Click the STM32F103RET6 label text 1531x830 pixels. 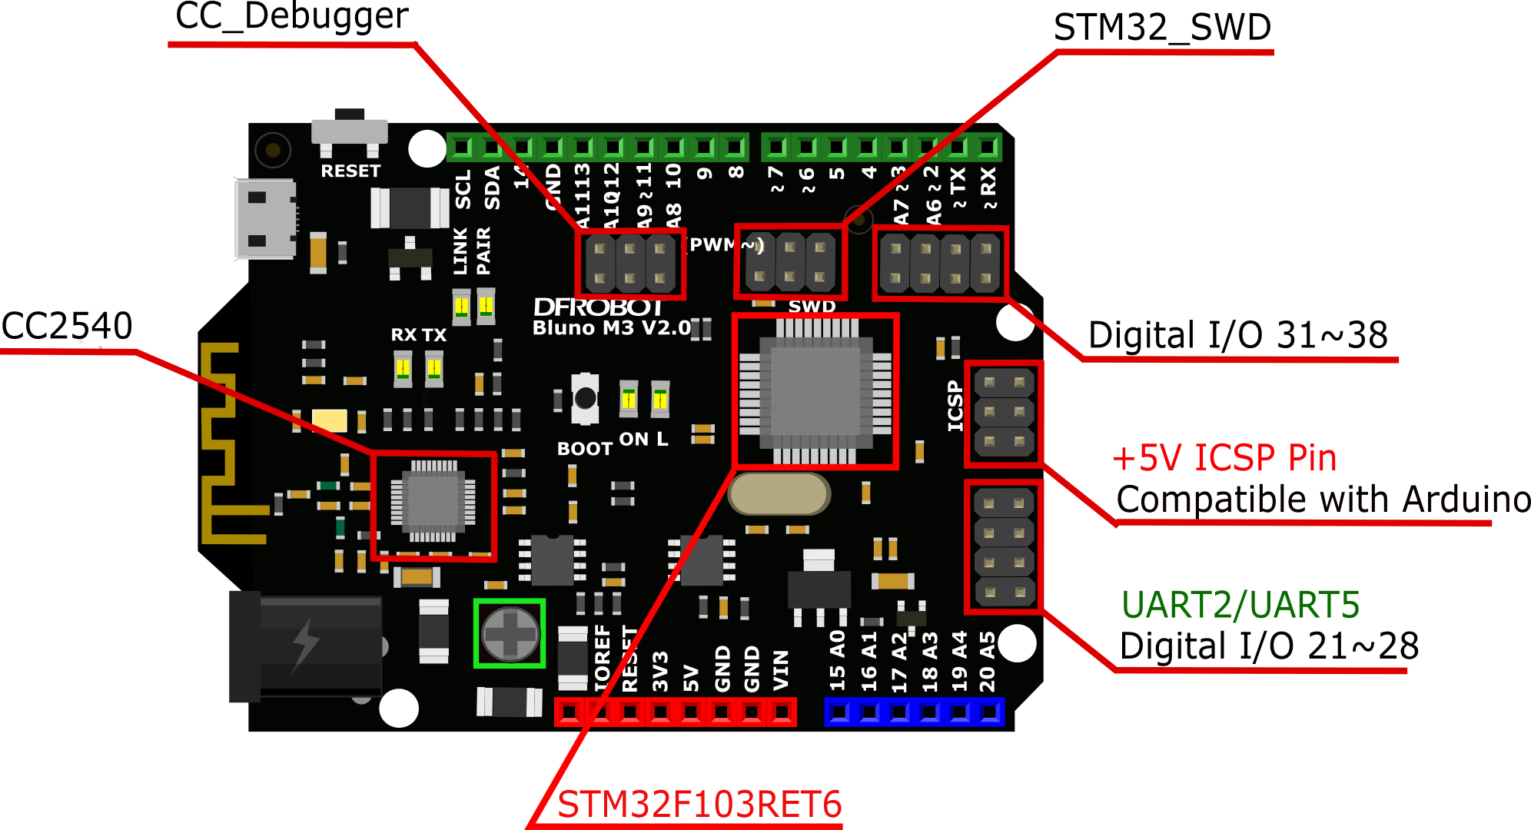point(699,805)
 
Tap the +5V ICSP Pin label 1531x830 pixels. point(1224,458)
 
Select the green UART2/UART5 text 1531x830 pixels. point(1240,606)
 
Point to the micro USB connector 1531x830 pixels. point(266,219)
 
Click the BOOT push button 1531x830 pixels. point(586,398)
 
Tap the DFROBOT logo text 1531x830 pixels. point(599,307)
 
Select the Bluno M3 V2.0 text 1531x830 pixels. point(612,328)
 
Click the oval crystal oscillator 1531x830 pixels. point(779,494)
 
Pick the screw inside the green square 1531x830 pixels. point(510,634)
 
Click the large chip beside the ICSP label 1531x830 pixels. point(815,391)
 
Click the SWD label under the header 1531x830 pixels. point(812,307)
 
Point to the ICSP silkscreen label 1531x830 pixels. point(955,406)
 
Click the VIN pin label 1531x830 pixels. point(781,671)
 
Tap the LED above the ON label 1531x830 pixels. point(629,398)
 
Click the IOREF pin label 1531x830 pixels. point(603,658)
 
